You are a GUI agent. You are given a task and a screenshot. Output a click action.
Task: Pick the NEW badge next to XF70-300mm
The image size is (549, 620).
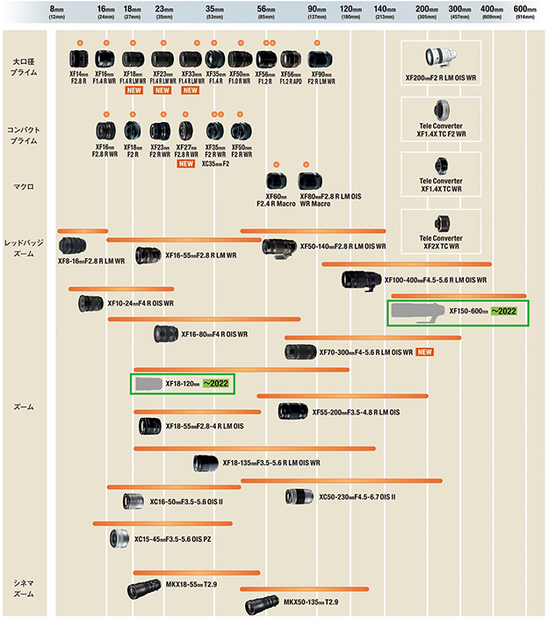coord(426,352)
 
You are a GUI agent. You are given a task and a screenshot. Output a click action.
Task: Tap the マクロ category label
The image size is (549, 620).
coord(24,186)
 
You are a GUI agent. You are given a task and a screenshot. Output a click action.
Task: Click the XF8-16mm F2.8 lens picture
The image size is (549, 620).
coord(73,245)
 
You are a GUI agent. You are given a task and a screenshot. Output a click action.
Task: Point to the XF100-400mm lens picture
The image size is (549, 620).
coord(361,280)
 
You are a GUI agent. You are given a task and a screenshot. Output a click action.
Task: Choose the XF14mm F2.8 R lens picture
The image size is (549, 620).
coord(77,60)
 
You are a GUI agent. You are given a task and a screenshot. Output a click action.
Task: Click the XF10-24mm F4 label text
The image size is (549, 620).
coord(140,303)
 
